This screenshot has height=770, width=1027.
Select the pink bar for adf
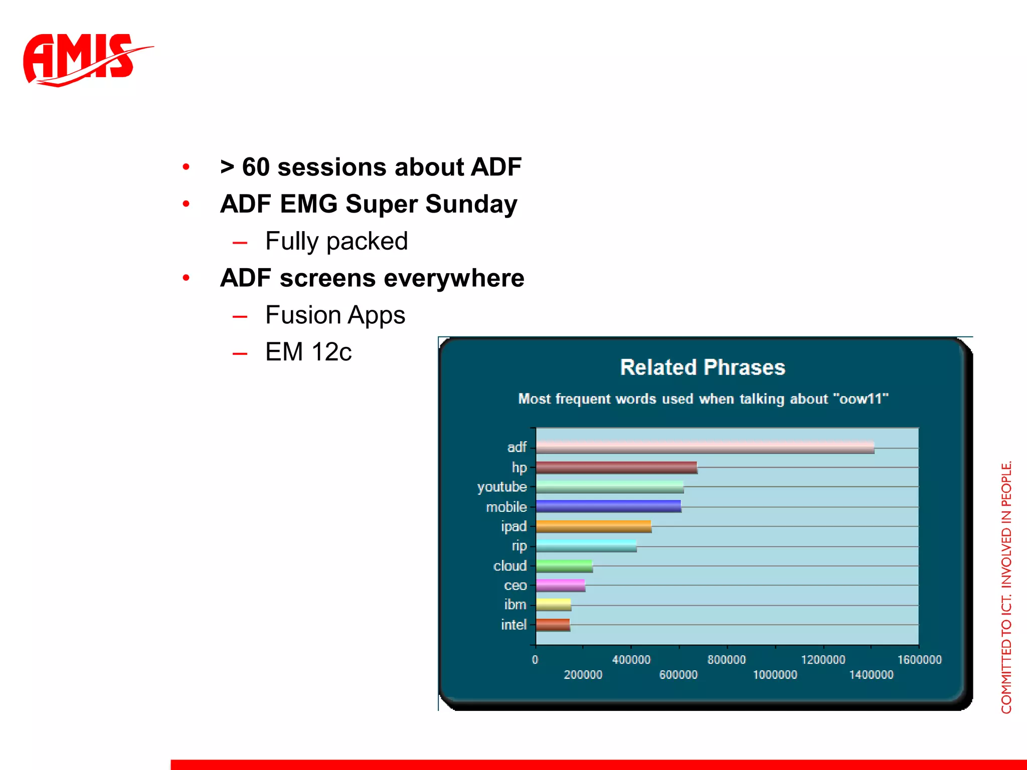pyautogui.click(x=705, y=447)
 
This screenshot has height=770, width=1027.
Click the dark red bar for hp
pyautogui.click(x=616, y=467)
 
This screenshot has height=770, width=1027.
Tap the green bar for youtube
pyautogui.click(x=609, y=487)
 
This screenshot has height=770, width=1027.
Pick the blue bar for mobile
pyautogui.click(x=608, y=506)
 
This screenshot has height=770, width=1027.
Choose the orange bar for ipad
pyautogui.click(x=593, y=526)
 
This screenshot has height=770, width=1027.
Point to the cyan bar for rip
pyautogui.click(x=586, y=546)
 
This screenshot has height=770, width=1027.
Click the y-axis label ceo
pyautogui.click(x=515, y=586)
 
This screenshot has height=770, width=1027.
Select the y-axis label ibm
pyautogui.click(x=515, y=605)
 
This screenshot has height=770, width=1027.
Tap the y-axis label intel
pyautogui.click(x=513, y=625)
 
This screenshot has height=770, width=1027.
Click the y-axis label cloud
pyautogui.click(x=509, y=566)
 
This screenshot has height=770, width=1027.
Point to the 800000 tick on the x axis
pyautogui.click(x=727, y=660)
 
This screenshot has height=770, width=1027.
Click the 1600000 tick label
pyautogui.click(x=919, y=660)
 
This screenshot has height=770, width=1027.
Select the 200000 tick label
pyautogui.click(x=583, y=675)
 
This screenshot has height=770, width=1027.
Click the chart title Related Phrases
pyautogui.click(x=703, y=367)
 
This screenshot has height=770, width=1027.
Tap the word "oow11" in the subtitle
pyautogui.click(x=861, y=399)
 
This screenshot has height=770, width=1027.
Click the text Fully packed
pyautogui.click(x=336, y=241)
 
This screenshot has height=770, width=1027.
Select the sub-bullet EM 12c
pyautogui.click(x=308, y=352)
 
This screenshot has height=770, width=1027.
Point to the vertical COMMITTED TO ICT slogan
pyautogui.click(x=1006, y=587)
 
